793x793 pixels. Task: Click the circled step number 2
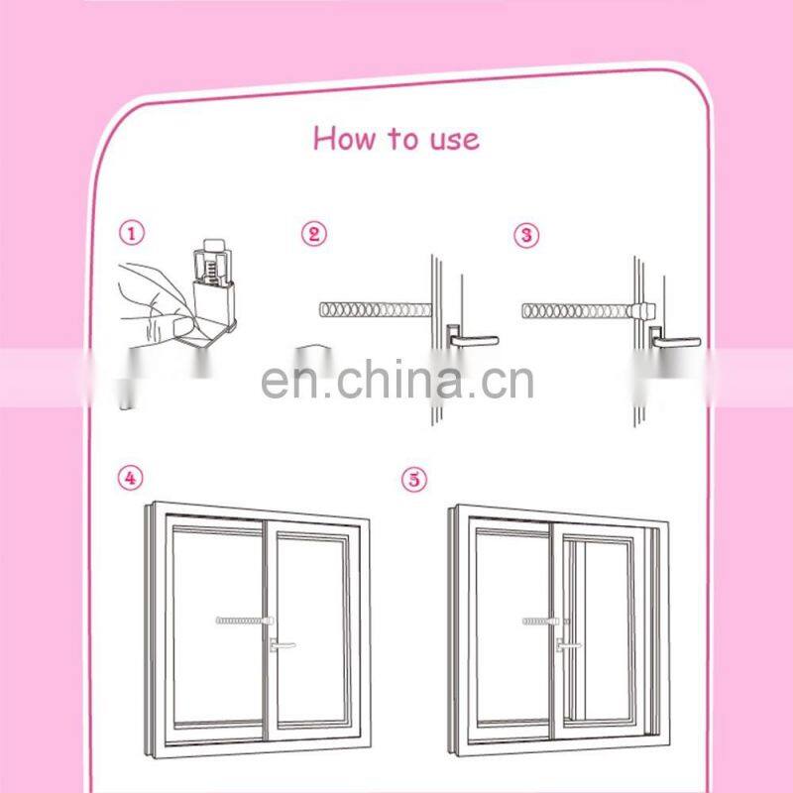[x=313, y=235]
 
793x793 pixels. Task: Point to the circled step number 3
[x=526, y=235]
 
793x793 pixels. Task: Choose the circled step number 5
[x=414, y=480]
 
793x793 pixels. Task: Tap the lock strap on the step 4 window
[x=240, y=622]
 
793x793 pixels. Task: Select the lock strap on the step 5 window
[x=540, y=623]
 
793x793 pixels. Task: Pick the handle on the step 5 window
[x=566, y=645]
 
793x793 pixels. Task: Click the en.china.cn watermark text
[x=396, y=379]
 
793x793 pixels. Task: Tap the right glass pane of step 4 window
[x=309, y=595]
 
